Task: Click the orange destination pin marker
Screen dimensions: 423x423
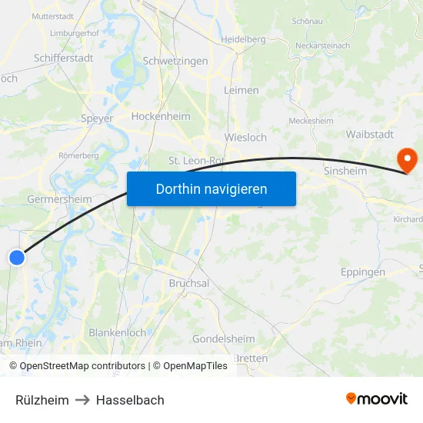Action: [405, 159]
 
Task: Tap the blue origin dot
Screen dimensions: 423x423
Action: [17, 258]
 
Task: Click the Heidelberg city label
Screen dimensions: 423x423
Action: [243, 39]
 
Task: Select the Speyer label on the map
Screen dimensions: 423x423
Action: [97, 118]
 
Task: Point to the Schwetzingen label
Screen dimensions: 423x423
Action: [175, 61]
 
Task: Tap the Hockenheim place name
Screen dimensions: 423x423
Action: [161, 116]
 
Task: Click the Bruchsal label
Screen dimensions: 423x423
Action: [189, 283]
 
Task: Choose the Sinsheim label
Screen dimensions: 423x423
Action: [345, 171]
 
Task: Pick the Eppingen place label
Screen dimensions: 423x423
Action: [362, 272]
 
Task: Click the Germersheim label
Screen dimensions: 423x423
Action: [59, 199]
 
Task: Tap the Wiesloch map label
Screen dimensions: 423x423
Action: [245, 138]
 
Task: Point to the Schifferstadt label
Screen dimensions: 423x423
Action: [64, 58]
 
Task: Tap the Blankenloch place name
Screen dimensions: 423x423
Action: [118, 333]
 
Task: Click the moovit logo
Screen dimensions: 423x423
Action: [377, 399]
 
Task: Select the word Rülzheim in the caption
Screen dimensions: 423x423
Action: [42, 400]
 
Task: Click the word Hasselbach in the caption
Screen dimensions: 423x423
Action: [130, 400]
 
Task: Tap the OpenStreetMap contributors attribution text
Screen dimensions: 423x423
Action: [82, 366]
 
